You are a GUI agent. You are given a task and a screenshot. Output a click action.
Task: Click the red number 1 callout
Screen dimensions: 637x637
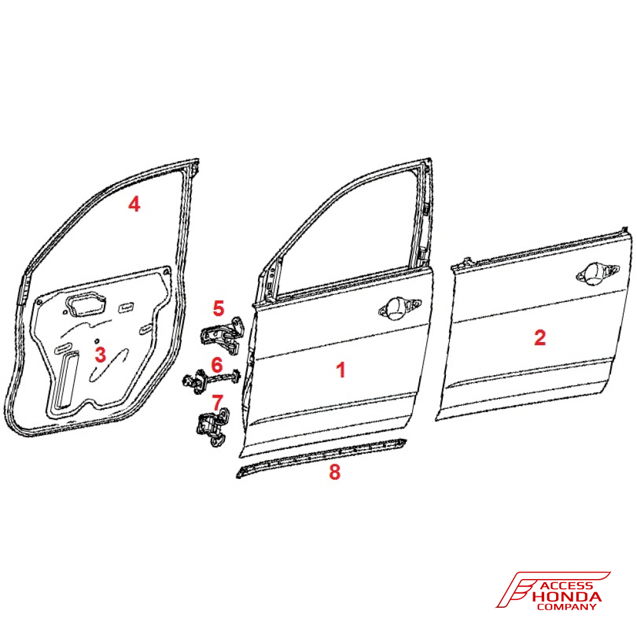click(x=341, y=370)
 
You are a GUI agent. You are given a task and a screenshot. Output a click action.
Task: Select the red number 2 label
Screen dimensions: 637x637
click(x=540, y=337)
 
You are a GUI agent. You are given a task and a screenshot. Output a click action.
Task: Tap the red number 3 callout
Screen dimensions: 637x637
click(x=101, y=354)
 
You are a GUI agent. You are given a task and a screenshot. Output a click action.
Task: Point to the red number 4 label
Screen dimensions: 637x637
click(x=134, y=204)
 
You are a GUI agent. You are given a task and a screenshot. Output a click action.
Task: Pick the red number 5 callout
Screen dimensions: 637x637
click(x=218, y=308)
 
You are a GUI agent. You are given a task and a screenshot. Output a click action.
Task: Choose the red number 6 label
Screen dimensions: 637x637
click(x=217, y=364)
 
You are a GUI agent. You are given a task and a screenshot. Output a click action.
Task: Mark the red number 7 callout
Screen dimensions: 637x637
click(x=217, y=403)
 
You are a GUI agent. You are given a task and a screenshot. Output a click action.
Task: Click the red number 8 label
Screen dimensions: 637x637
click(x=334, y=471)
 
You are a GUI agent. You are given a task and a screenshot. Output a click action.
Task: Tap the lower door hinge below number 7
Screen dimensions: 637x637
click(x=212, y=428)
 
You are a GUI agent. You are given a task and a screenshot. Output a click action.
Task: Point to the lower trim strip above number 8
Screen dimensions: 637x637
click(x=321, y=457)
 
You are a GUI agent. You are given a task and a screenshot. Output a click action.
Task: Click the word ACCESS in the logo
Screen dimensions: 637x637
click(x=568, y=586)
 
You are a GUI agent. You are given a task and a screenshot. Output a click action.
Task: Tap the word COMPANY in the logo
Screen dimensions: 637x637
click(x=566, y=607)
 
